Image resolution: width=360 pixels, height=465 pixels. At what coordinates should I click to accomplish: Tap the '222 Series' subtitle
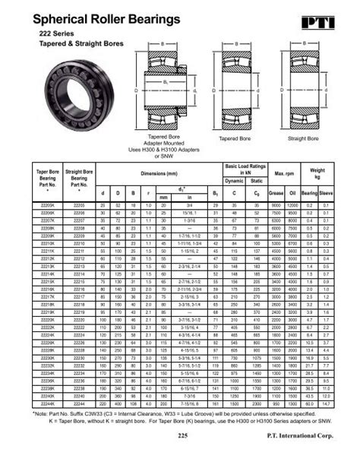[53, 36]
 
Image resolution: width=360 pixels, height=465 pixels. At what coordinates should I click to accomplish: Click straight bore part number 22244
[77, 402]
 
